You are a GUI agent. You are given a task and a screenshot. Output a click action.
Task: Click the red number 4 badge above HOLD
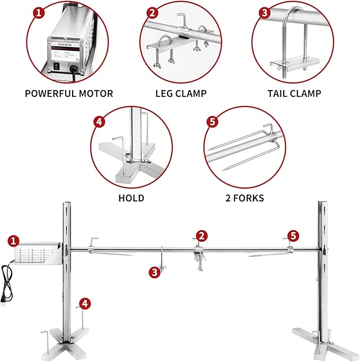point(99,121)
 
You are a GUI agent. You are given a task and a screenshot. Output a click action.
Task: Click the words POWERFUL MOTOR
point(69,94)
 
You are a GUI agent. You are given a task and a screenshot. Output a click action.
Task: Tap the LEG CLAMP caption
point(181,94)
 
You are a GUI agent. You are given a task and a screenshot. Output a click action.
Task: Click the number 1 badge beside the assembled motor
point(14,241)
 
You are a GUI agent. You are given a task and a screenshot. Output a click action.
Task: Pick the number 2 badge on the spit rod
point(201,235)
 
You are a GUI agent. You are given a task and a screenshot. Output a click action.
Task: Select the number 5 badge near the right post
point(293,235)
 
